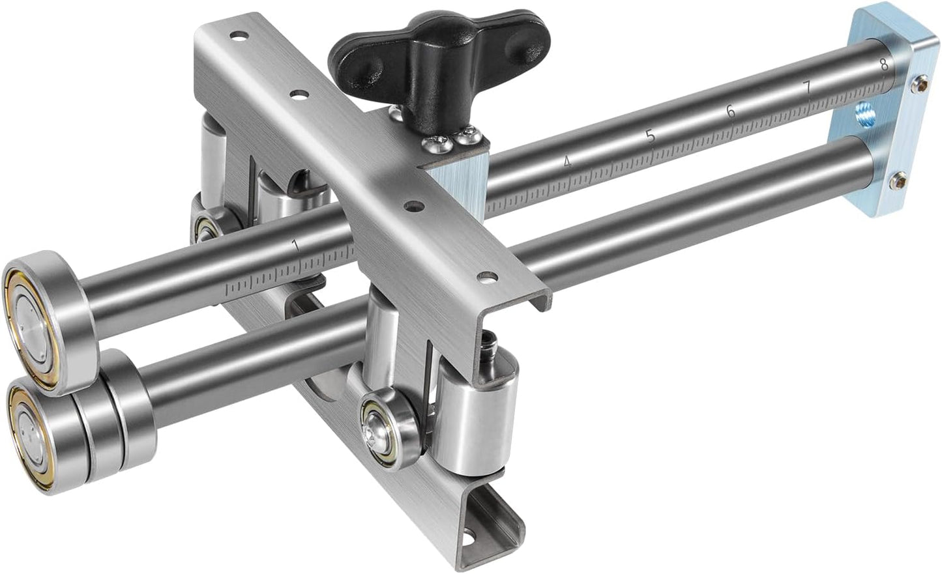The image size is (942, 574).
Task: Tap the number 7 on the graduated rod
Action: pos(807,87)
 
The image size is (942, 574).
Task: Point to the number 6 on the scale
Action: pos(731,111)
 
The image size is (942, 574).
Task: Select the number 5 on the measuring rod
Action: pos(649,136)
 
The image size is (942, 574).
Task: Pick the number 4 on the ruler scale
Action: pos(568,162)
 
